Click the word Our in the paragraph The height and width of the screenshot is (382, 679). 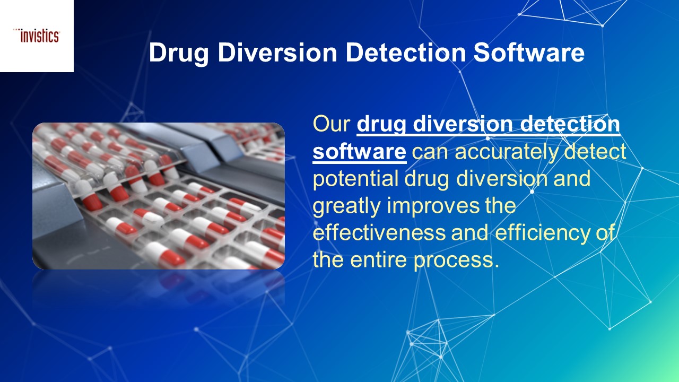click(332, 124)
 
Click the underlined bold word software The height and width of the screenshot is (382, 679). click(360, 152)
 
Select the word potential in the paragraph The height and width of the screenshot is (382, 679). click(358, 179)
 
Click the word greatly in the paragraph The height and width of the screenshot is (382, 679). click(347, 206)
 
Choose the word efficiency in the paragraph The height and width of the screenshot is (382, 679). click(538, 233)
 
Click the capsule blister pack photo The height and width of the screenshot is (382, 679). click(159, 196)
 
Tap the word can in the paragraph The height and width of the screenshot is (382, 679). click(430, 152)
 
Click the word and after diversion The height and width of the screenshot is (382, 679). click(572, 179)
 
